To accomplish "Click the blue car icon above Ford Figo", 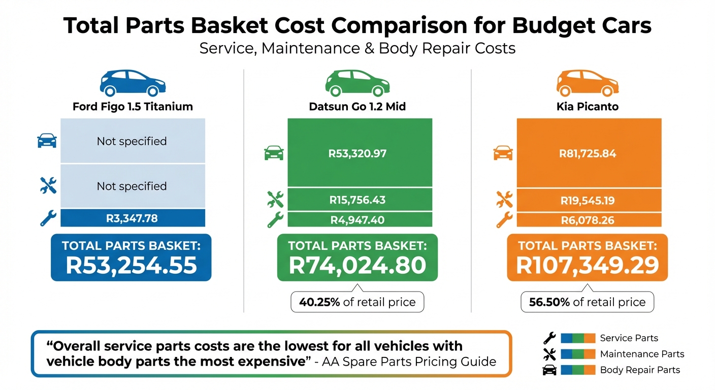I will pyautogui.click(x=133, y=83).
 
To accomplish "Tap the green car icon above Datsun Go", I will pyautogui.click(x=357, y=83).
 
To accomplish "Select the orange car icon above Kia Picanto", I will pyautogui.click(x=587, y=83).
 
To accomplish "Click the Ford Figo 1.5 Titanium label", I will pyautogui.click(x=133, y=107).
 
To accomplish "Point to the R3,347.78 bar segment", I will pyautogui.click(x=133, y=219).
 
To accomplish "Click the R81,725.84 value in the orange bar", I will pyautogui.click(x=589, y=153).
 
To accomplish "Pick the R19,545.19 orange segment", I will pyautogui.click(x=589, y=200).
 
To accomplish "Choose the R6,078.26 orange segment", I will pyautogui.click(x=589, y=220).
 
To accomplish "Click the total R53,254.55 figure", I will pyautogui.click(x=131, y=265).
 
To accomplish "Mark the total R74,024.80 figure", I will pyautogui.click(x=357, y=265).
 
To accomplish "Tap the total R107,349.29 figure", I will pyautogui.click(x=587, y=265).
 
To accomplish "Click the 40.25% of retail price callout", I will pyautogui.click(x=357, y=302).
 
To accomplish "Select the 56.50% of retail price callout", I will pyautogui.click(x=587, y=302).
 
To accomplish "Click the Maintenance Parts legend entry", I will pyautogui.click(x=642, y=354).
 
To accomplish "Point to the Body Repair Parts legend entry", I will pyautogui.click(x=640, y=370).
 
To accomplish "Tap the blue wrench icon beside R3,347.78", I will pyautogui.click(x=48, y=218).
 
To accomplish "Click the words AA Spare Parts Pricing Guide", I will pyautogui.click(x=409, y=362).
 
